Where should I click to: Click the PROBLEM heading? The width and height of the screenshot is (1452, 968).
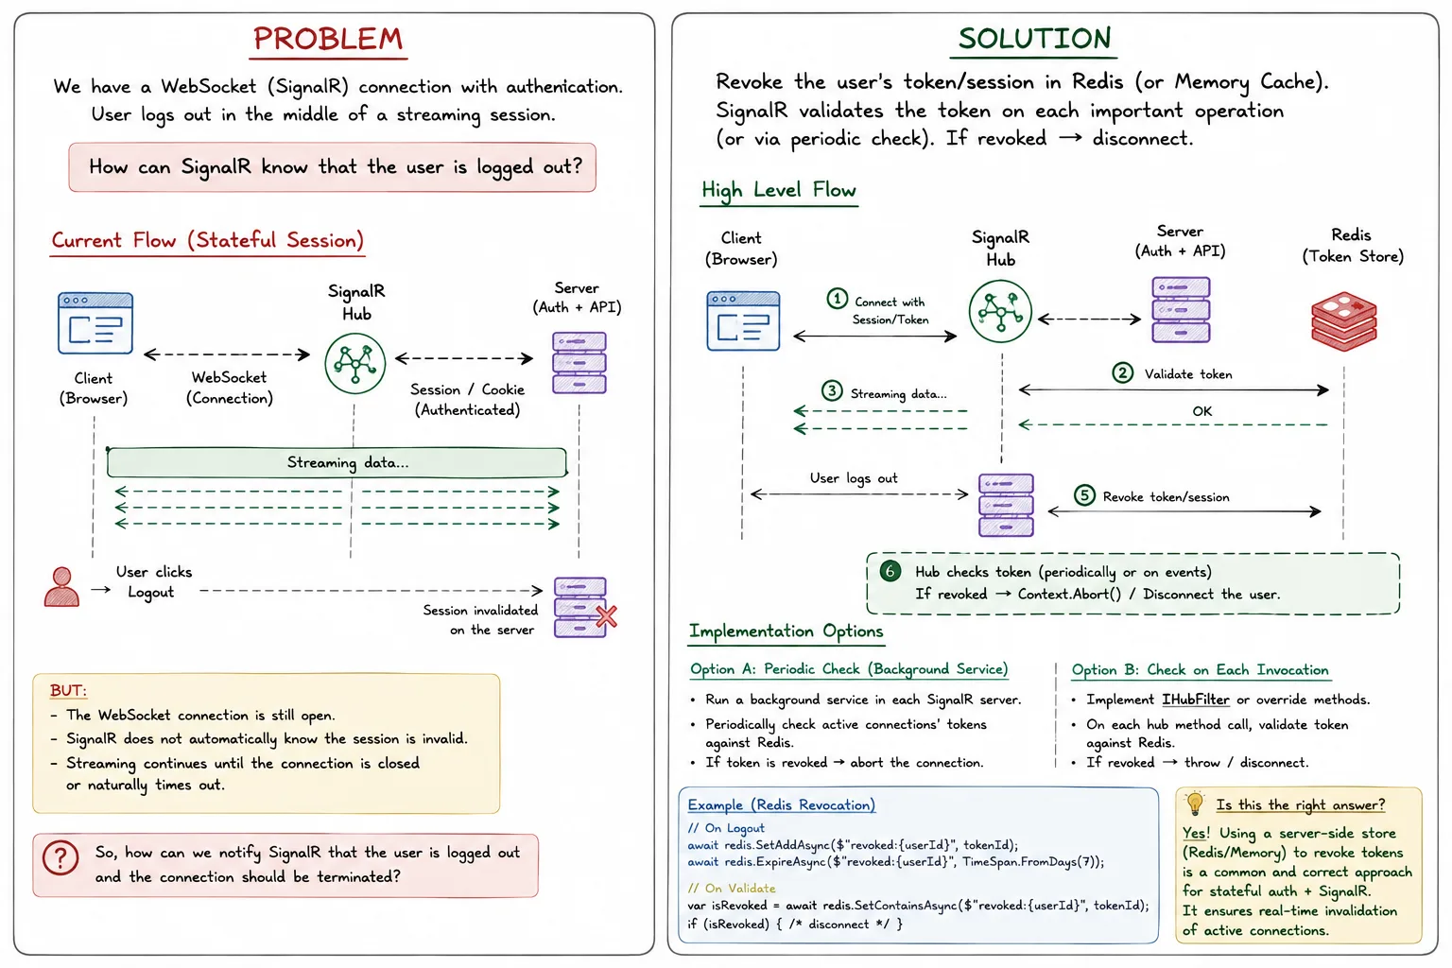pos(328,39)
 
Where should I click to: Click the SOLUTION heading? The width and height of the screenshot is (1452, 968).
pos(1034,39)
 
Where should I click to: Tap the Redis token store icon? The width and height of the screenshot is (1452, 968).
pos(1343,321)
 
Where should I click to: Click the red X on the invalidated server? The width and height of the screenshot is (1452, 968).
pos(607,616)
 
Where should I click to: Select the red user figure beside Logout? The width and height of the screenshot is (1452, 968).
pos(61,587)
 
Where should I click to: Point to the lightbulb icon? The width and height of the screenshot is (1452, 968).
pos(1195,804)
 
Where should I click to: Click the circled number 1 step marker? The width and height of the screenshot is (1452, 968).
pos(837,299)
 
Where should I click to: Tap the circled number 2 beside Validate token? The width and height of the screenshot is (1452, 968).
pos(1123,372)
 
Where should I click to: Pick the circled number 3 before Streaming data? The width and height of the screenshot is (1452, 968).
pos(832,391)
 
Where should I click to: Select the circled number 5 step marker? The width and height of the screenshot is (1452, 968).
pos(1084,495)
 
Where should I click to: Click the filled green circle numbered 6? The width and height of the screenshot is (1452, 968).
pos(890,571)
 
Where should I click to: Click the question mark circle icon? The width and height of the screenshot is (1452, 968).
pos(60,857)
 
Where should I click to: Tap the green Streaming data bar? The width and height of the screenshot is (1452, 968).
pos(337,462)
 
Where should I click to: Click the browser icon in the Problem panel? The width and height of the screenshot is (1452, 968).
pos(95,323)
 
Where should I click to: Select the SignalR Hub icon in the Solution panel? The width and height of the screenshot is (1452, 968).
pos(1000,311)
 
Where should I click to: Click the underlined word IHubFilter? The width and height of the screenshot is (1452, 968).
pos(1195,700)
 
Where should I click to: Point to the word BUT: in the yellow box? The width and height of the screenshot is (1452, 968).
pos(68,690)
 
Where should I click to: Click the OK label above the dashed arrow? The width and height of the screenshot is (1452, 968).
pos(1201,411)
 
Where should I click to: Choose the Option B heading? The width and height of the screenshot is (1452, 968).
pos(1200,670)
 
